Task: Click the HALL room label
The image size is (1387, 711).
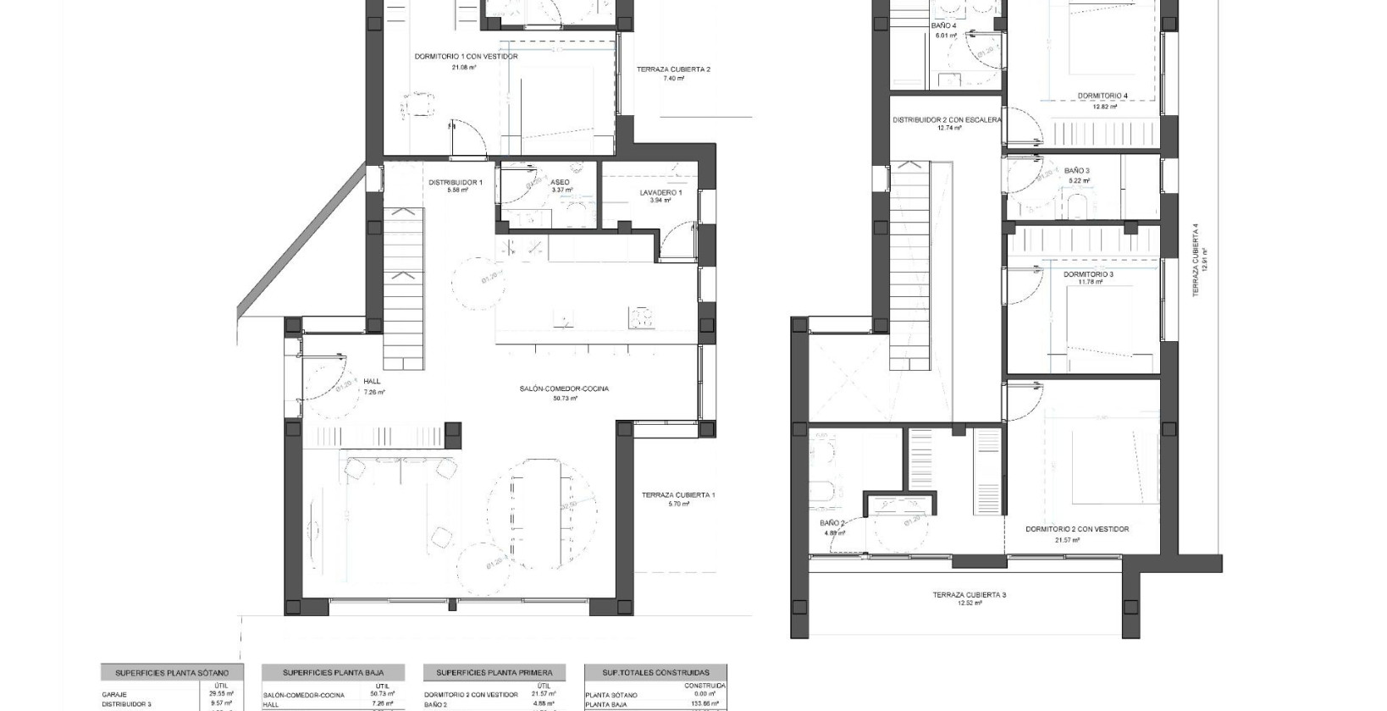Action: [x=373, y=383]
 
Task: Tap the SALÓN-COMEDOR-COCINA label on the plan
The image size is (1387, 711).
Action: [x=564, y=389]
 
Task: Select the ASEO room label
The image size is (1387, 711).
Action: [x=560, y=182]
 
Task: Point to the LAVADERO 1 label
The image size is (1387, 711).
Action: [x=660, y=192]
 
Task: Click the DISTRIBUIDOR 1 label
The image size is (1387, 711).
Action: [x=455, y=182]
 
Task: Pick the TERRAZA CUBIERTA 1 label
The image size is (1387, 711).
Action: [x=678, y=495]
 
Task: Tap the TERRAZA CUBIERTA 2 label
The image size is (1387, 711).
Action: [x=673, y=69]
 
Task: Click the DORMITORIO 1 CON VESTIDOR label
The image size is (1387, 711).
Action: [x=466, y=57]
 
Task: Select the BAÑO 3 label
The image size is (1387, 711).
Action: [x=1077, y=170]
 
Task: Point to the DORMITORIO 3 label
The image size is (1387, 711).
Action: [x=1088, y=274]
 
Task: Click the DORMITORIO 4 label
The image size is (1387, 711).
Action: [x=1102, y=96]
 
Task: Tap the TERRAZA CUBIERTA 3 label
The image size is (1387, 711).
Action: [x=970, y=595]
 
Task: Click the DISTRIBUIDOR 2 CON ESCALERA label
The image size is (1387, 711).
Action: [x=947, y=120]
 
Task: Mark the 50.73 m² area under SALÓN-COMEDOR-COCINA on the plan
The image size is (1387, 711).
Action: [x=564, y=398]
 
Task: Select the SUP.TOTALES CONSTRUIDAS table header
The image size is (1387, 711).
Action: [x=656, y=673]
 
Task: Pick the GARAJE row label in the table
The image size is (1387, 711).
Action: [x=114, y=694]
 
